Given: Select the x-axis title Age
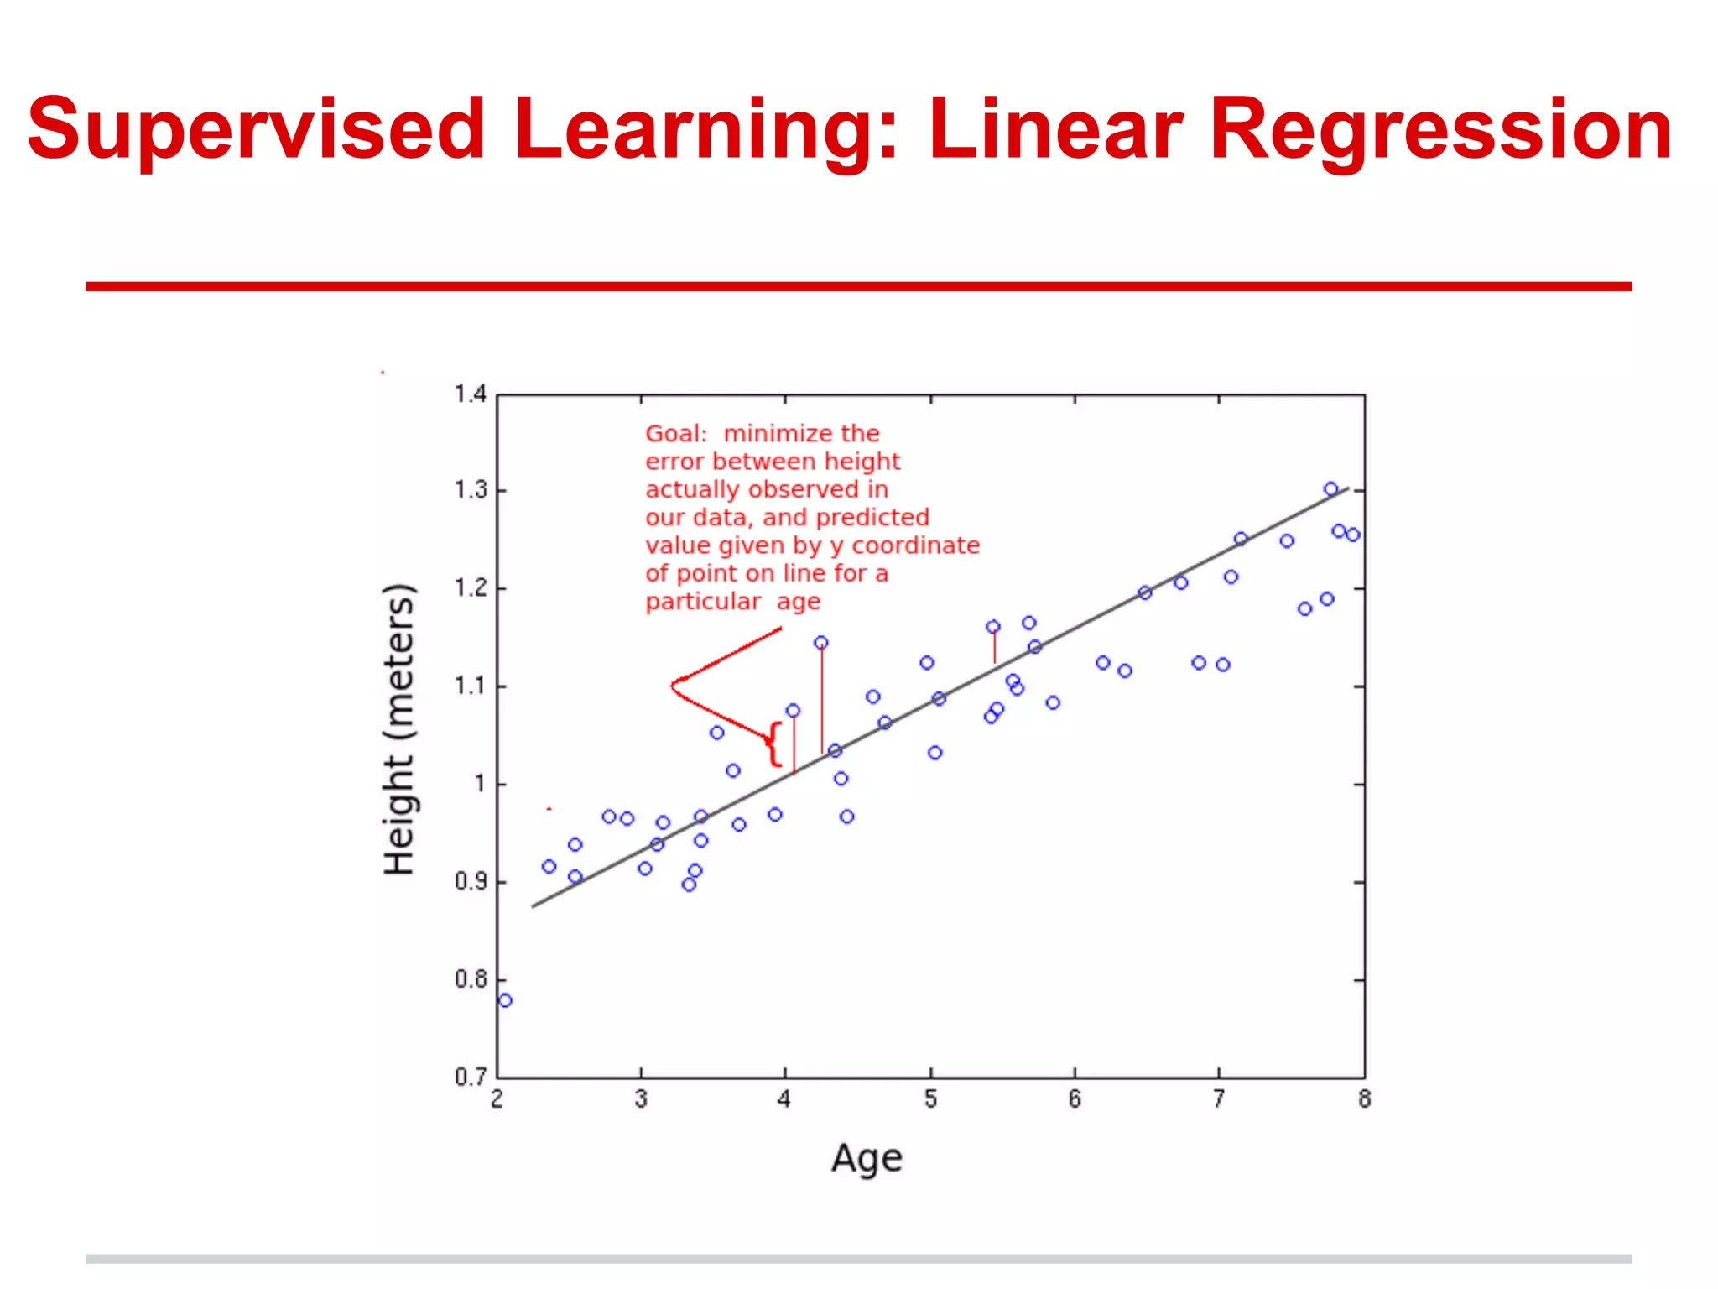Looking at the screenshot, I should [867, 1159].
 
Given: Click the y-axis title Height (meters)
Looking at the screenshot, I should [399, 728].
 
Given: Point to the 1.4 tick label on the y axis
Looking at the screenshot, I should [470, 394].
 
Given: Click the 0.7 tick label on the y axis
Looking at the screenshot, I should [470, 1077].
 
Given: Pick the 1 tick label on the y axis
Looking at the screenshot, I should [480, 784].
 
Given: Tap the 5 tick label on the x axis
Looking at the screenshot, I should [930, 1099].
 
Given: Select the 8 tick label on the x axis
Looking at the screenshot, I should [1364, 1099].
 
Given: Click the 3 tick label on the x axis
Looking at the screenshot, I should [641, 1099].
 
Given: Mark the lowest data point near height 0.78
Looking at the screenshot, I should [505, 1000].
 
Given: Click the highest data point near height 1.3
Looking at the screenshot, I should [1330, 489].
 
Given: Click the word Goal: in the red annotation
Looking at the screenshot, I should [676, 434].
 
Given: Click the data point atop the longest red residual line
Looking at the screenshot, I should [821, 643].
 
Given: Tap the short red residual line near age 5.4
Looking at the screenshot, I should [995, 647].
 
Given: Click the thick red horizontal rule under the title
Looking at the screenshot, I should [858, 286].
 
